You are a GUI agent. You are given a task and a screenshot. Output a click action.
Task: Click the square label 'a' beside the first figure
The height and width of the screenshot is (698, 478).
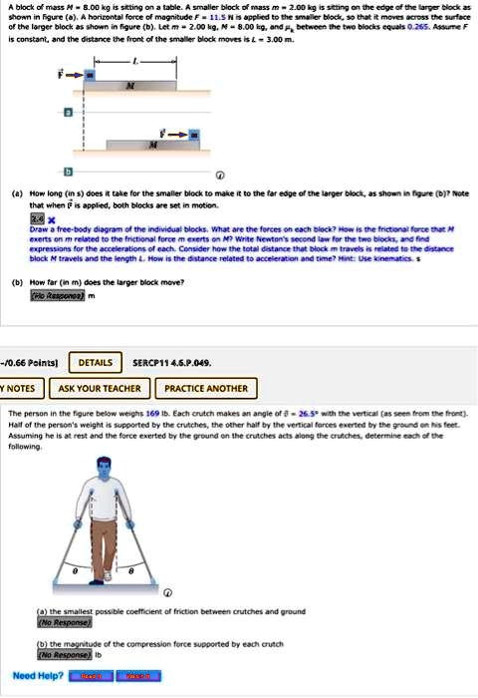(68, 114)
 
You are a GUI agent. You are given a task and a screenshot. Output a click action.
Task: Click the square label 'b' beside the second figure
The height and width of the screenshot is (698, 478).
(68, 172)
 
